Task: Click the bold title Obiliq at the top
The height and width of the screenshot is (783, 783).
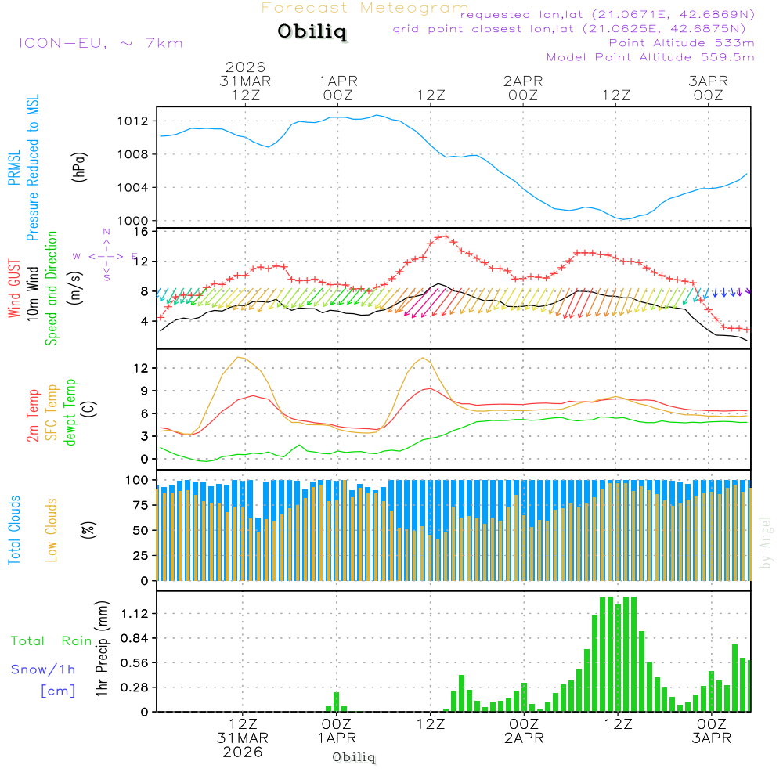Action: click(x=311, y=32)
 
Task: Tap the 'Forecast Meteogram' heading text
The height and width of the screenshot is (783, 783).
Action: click(x=365, y=8)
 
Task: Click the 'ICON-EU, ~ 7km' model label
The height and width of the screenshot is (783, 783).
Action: click(x=100, y=42)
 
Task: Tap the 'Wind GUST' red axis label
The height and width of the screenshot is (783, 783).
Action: click(x=14, y=289)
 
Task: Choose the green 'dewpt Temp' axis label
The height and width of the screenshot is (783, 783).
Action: click(x=70, y=413)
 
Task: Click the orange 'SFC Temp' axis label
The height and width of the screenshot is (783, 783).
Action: click(x=52, y=413)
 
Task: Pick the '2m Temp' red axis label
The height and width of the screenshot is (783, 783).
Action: click(x=33, y=413)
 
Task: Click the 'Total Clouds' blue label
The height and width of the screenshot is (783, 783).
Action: click(x=14, y=529)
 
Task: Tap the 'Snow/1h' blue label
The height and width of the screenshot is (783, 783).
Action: click(x=43, y=669)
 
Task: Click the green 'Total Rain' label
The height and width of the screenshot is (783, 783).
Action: click(x=52, y=641)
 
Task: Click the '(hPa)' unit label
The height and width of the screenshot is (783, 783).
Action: click(x=79, y=166)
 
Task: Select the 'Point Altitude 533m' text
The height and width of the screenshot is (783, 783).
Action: click(x=681, y=42)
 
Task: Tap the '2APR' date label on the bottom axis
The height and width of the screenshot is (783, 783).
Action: click(x=523, y=739)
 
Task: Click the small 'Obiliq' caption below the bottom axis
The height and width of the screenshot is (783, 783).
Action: click(x=354, y=757)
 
